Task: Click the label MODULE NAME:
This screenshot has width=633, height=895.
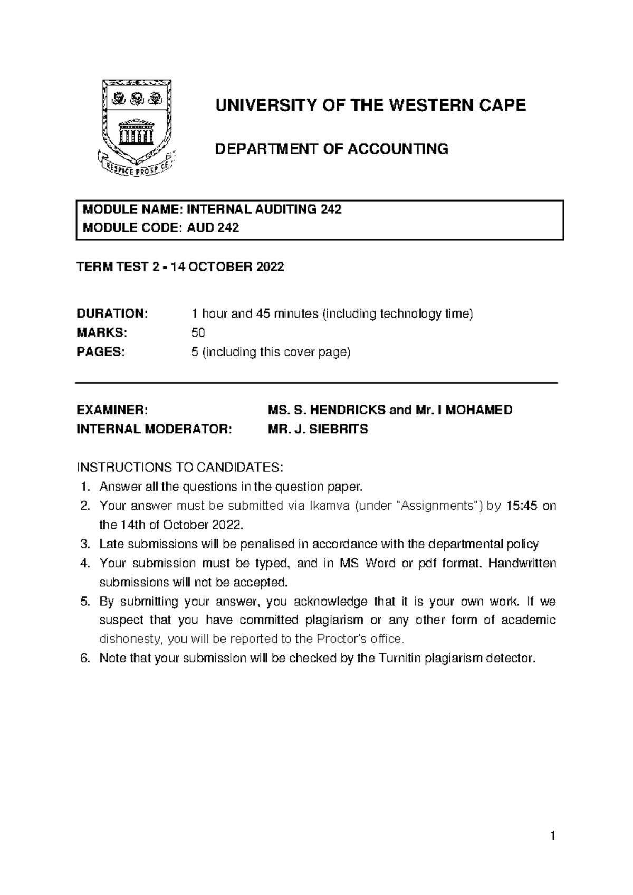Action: [x=132, y=210]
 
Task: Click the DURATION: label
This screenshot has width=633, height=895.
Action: [x=112, y=314]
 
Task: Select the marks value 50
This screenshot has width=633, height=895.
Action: [x=198, y=333]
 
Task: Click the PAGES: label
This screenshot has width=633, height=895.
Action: [x=101, y=352]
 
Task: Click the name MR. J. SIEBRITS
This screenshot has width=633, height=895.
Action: [x=318, y=430]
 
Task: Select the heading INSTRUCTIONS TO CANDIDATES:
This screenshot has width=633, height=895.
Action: [x=180, y=468]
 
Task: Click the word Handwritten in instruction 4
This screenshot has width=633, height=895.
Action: [x=522, y=564]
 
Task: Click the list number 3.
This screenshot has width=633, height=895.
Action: [x=85, y=545]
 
